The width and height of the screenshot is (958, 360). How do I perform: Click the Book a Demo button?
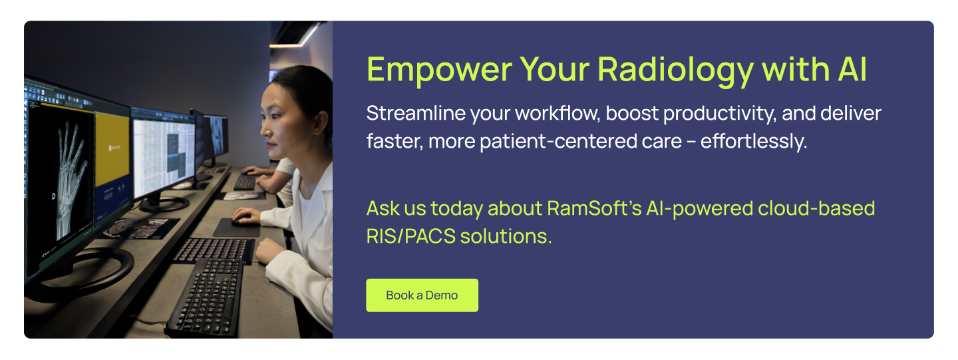pyautogui.click(x=422, y=295)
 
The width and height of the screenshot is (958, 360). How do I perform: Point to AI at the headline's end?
pyautogui.click(x=852, y=69)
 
